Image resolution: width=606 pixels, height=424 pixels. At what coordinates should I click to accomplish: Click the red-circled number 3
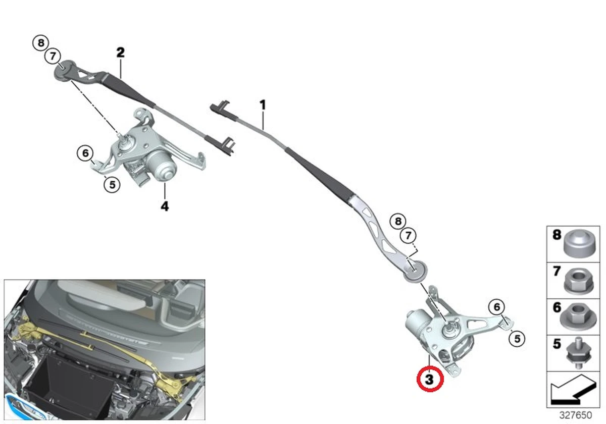430,379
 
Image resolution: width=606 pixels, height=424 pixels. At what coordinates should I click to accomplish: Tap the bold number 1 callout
263,105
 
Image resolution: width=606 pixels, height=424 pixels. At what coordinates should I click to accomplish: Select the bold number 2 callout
120,52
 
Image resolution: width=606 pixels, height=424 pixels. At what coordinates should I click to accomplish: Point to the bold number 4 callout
165,206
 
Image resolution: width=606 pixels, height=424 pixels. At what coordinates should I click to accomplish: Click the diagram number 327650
575,415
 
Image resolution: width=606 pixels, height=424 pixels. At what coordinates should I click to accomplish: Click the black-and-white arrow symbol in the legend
573,390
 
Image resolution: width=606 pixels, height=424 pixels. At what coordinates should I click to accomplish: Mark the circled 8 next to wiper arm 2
40,43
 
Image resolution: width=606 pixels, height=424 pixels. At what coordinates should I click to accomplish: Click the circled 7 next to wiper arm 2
53,56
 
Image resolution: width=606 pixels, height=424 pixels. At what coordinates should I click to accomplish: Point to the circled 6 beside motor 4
85,153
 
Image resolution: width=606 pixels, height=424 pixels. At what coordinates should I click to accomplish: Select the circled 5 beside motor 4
112,185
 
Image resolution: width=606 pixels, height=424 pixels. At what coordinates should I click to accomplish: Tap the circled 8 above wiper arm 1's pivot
398,221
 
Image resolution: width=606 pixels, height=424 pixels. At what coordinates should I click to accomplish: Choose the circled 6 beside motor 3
497,307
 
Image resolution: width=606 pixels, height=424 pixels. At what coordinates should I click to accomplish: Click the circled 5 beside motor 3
517,339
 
